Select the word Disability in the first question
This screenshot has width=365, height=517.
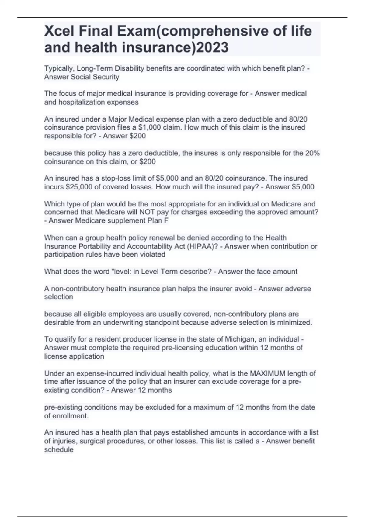click(130, 68)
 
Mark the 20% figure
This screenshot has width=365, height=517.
click(312, 153)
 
